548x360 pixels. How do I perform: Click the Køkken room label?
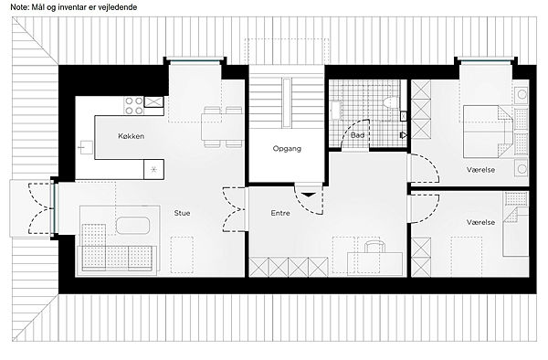tap(131, 136)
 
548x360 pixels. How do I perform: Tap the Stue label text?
tap(182, 213)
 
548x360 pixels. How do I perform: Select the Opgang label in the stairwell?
tap(287, 149)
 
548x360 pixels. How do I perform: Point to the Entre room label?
tap(280, 213)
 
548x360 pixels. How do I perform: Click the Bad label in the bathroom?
tap(357, 135)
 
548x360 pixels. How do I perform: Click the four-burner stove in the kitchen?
tap(134, 106)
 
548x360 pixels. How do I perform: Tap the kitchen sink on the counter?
tap(85, 147)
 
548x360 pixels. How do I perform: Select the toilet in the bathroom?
tap(391, 102)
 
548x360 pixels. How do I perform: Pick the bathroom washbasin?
tap(336, 110)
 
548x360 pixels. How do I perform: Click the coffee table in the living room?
tap(132, 226)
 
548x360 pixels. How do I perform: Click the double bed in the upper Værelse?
tap(488, 132)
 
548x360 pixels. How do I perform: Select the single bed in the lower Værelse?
tap(515, 232)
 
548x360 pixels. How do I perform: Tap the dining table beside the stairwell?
tap(222, 126)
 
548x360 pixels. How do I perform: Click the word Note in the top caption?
tap(19, 7)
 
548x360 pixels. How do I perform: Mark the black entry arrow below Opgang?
tap(308, 195)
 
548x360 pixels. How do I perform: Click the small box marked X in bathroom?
tap(404, 116)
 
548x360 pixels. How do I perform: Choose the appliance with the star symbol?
tap(153, 170)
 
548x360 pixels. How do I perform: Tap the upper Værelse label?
tap(480, 170)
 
